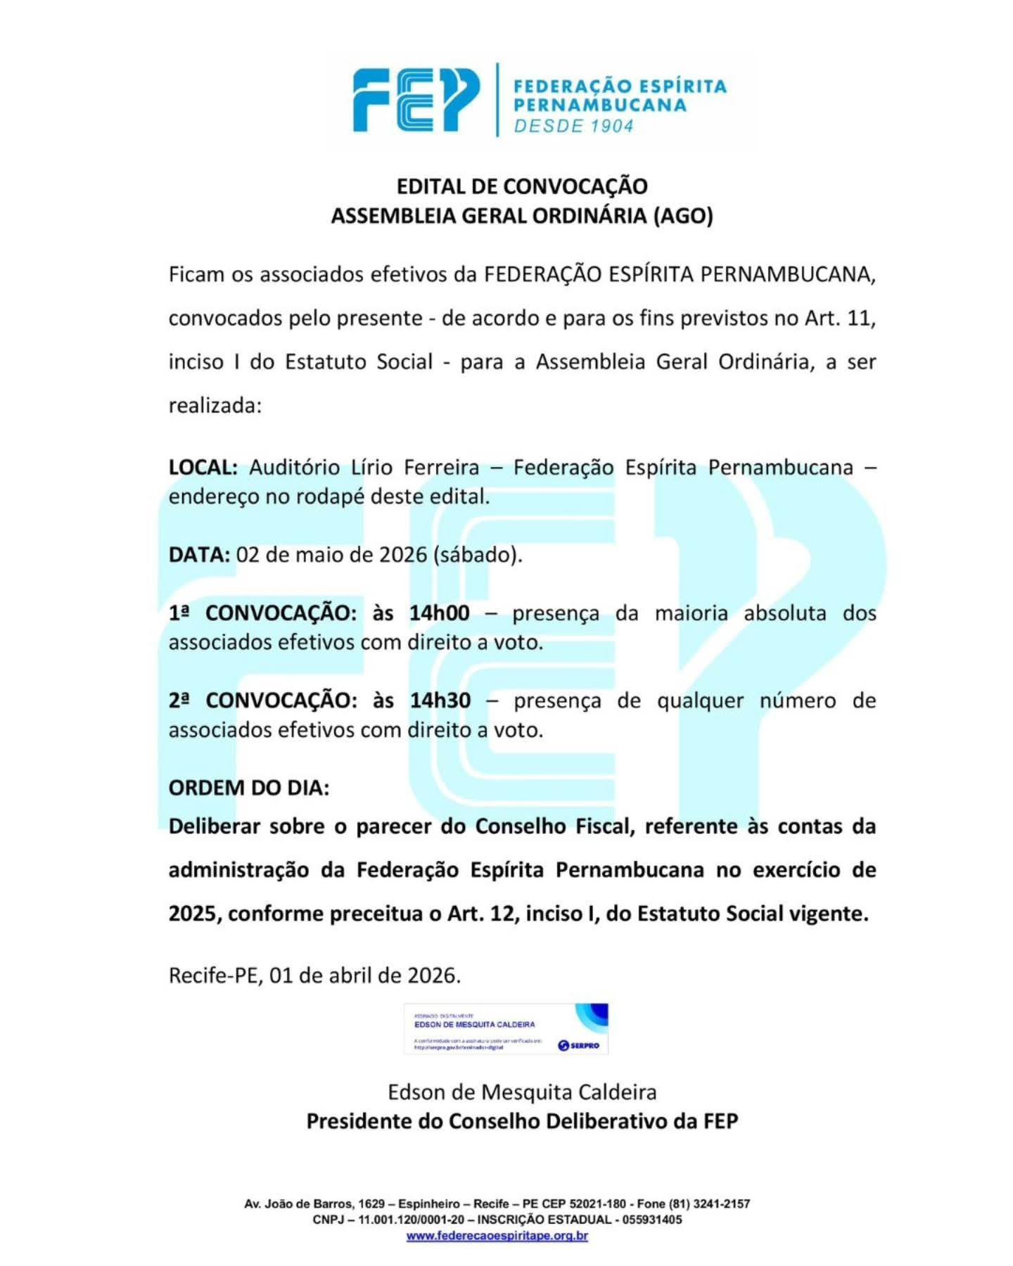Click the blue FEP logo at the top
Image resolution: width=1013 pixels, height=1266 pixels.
pos(416,101)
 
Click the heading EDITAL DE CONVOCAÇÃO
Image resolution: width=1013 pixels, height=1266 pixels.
pos(522,186)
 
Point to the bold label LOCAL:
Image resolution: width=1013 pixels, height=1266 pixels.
pos(203,468)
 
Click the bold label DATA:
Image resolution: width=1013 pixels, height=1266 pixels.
pos(199,555)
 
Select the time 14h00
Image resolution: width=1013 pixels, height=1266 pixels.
pos(439,613)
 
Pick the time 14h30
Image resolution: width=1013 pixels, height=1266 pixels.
pos(440,701)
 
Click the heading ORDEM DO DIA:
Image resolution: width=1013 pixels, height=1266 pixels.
pos(249,788)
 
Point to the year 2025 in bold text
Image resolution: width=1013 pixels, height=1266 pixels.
pos(194,914)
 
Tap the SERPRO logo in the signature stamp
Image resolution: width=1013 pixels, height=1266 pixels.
pos(578,1046)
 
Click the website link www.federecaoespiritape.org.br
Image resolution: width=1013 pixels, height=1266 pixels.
pos(497,1236)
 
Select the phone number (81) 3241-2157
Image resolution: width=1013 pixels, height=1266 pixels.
pos(710,1203)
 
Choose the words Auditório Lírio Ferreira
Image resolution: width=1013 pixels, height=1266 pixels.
pos(364,468)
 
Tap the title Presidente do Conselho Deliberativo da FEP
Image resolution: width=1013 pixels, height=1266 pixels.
pos(522,1121)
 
